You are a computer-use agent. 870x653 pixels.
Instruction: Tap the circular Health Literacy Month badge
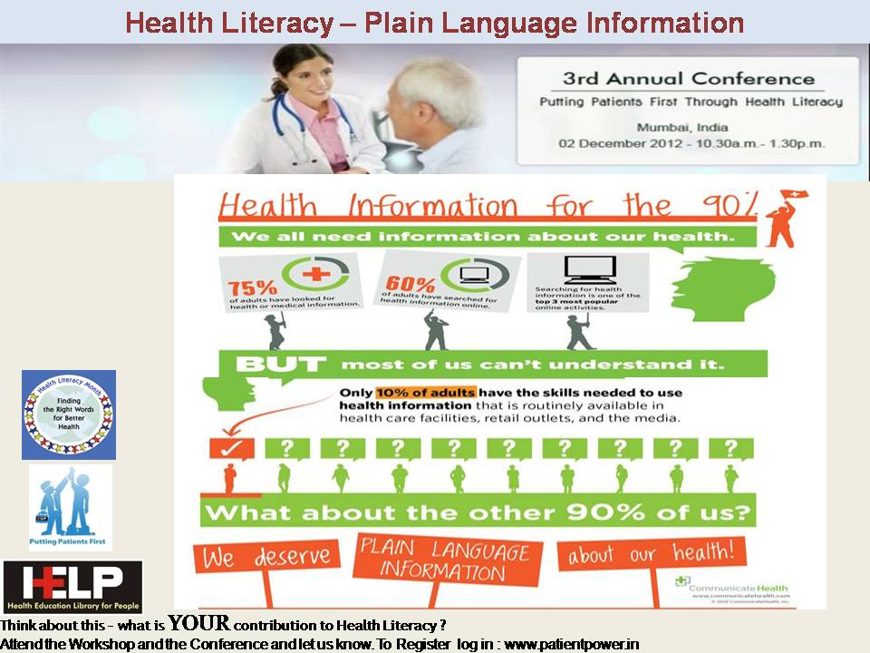pyautogui.click(x=69, y=414)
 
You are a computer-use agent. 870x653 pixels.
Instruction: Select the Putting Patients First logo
pyautogui.click(x=70, y=507)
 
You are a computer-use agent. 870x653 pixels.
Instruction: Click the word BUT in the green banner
pyautogui.click(x=281, y=365)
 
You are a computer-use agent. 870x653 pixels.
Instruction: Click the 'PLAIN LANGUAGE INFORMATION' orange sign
pyautogui.click(x=443, y=560)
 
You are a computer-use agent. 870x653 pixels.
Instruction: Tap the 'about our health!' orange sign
pyautogui.click(x=652, y=552)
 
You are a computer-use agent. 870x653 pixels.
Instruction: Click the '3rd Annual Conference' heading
pyautogui.click(x=689, y=78)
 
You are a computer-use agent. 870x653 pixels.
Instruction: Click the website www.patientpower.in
pyautogui.click(x=571, y=645)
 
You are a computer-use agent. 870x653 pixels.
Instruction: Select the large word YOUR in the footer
pyautogui.click(x=198, y=624)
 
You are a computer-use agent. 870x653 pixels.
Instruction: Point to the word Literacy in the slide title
pyautogui.click(x=281, y=22)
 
